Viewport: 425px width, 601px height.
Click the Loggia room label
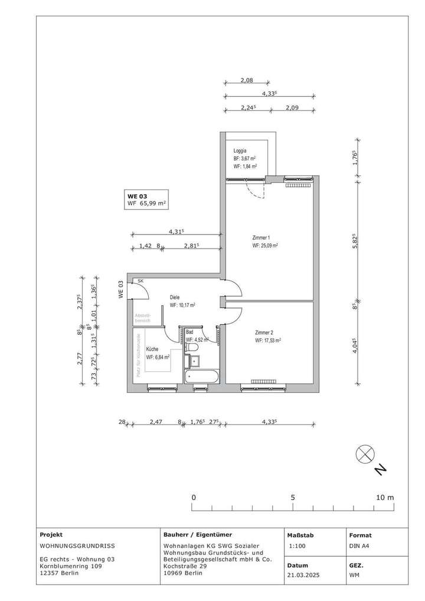[240, 151]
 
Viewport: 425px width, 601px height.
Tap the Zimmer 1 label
[260, 237]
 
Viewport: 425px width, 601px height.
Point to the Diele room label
[175, 298]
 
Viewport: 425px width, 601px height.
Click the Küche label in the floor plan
[153, 349]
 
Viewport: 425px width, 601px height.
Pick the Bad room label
[189, 332]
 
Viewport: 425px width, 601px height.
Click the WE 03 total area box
[147, 200]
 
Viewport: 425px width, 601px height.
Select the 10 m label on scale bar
[385, 498]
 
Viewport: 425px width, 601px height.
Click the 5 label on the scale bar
[293, 498]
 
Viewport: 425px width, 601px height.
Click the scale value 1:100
[298, 547]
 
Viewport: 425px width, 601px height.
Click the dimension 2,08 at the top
[247, 80]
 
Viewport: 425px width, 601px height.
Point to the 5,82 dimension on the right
[355, 242]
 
